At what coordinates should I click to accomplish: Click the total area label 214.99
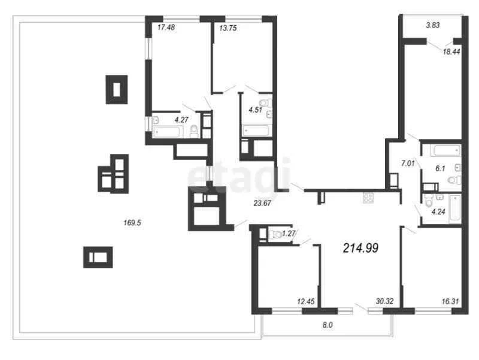(361, 248)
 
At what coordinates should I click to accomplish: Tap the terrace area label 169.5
(132, 223)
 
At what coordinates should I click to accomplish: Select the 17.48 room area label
(166, 27)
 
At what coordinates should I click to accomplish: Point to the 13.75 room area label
(228, 28)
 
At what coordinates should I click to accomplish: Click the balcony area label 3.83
(433, 25)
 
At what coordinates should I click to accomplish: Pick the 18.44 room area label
(451, 52)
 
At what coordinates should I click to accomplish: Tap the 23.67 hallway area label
(262, 203)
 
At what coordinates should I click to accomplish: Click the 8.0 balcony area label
(328, 325)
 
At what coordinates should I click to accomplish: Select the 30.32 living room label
(384, 301)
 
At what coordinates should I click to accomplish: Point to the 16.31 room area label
(450, 301)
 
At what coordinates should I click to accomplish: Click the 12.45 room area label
(306, 302)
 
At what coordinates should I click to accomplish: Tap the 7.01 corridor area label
(408, 164)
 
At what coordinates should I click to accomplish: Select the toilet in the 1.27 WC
(277, 234)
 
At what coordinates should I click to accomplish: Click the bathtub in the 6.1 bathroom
(446, 151)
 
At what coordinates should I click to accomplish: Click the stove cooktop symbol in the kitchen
(368, 198)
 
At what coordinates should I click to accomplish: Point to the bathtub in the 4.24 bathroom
(454, 208)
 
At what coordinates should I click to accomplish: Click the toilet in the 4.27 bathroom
(194, 131)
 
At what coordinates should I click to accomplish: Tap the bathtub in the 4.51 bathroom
(256, 131)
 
